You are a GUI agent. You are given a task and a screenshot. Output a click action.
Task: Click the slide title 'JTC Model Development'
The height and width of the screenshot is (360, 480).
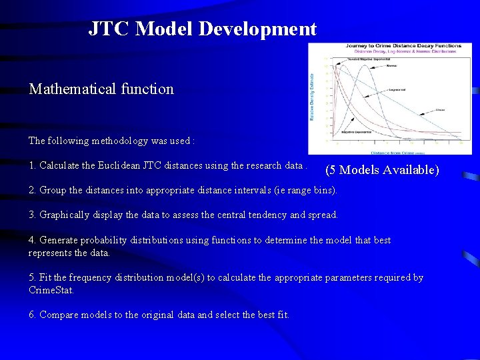(203, 29)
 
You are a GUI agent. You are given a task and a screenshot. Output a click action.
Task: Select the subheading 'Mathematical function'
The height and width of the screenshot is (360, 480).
(101, 89)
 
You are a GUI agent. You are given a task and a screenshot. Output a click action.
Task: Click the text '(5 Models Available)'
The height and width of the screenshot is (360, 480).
(382, 170)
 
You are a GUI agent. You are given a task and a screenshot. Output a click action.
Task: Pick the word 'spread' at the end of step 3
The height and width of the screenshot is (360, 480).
(322, 215)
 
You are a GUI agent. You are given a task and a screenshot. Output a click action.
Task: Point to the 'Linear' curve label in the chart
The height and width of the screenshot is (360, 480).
(440, 109)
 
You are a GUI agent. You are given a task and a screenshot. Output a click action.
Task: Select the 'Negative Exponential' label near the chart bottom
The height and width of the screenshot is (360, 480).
(357, 133)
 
